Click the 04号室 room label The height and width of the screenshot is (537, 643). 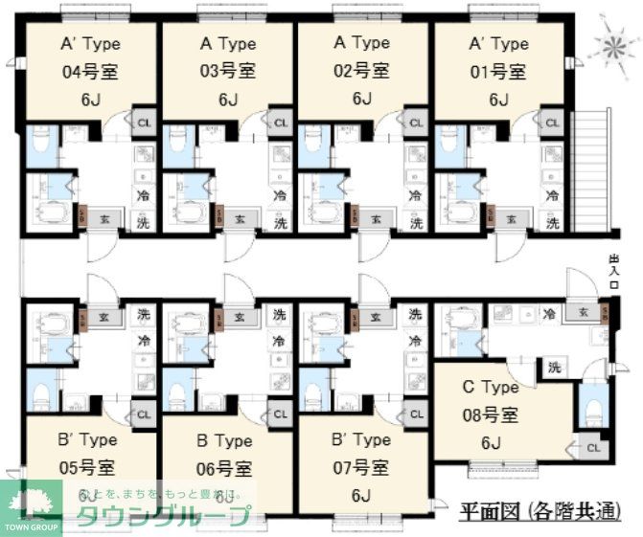coord(88,72)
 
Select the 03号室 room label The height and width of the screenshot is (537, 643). coord(227,72)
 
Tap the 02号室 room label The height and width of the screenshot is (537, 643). coord(360,72)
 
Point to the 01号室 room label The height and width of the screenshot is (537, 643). coord(497,72)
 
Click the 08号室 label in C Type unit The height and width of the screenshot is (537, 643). coord(491,415)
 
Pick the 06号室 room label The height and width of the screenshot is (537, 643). coord(225,469)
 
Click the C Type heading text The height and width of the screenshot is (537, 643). coord(491,388)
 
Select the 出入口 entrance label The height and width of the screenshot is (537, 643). coord(614,273)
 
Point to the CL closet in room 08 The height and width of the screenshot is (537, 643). coord(593,447)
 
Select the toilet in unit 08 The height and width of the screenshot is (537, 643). coord(591,407)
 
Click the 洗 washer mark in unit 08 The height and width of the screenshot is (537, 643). coord(554,367)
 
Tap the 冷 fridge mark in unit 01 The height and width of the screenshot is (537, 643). coord(552,195)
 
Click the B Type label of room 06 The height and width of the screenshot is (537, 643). coord(225,441)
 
